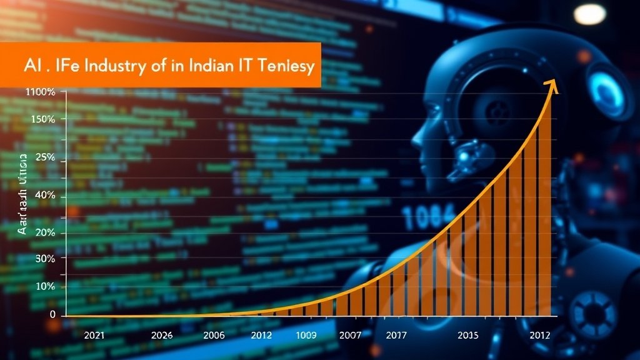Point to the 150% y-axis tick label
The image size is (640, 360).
click(x=42, y=119)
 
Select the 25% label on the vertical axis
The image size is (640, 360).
click(x=46, y=157)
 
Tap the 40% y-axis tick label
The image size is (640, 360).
click(x=46, y=196)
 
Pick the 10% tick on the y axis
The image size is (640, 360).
click(x=46, y=286)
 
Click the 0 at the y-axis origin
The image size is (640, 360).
click(x=53, y=314)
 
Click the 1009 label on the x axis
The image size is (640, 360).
click(x=306, y=335)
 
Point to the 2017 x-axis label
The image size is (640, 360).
click(x=396, y=335)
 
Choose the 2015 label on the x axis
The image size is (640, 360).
click(x=468, y=335)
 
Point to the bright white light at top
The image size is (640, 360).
click(x=589, y=14)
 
